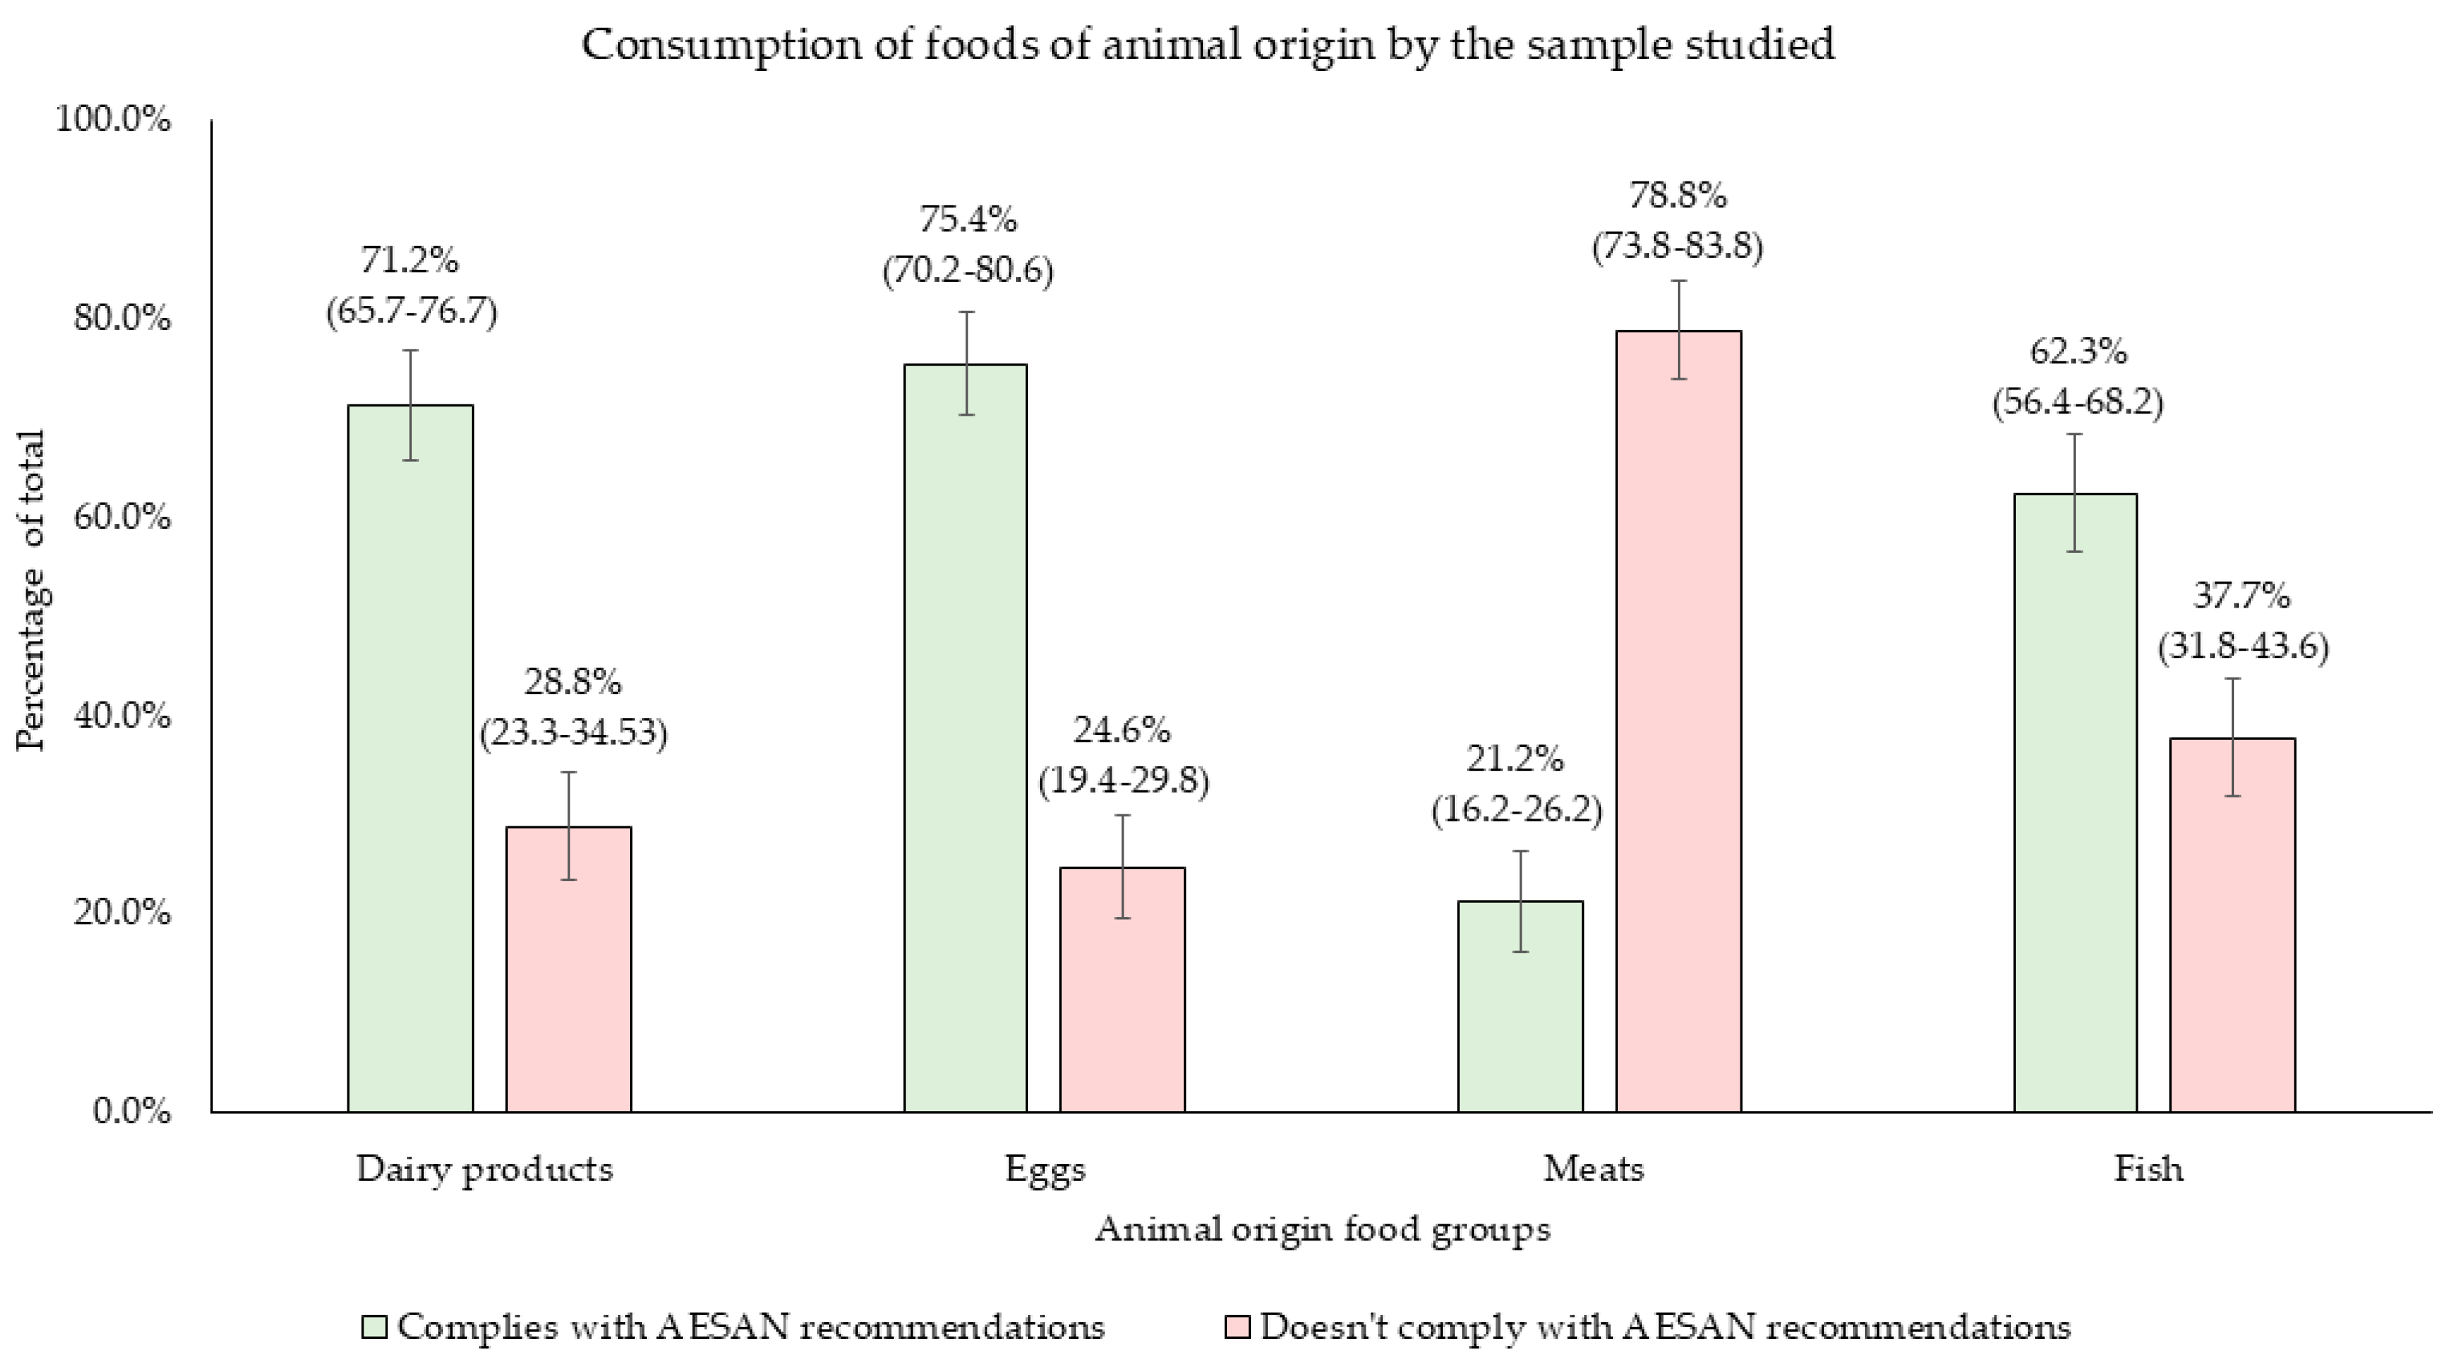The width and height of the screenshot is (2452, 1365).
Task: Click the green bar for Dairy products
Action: (410, 762)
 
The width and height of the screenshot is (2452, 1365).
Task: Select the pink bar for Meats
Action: (1678, 724)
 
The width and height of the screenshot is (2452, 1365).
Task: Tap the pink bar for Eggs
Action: (1122, 990)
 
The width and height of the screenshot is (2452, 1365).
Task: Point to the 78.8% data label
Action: (1677, 196)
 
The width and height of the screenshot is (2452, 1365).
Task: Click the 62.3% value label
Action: (2078, 352)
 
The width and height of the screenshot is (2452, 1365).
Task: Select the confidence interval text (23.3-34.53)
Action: (573, 732)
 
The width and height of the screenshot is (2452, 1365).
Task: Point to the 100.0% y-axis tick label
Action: (113, 120)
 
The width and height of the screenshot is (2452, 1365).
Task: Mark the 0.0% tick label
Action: (132, 1111)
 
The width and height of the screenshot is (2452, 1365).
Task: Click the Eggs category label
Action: (1045, 1169)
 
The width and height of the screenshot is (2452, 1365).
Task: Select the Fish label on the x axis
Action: (2148, 1169)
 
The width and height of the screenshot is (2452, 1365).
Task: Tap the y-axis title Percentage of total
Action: (32, 590)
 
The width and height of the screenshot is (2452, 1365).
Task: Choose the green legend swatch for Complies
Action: (374, 1327)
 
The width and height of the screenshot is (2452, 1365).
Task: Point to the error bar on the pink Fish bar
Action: (2232, 737)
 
